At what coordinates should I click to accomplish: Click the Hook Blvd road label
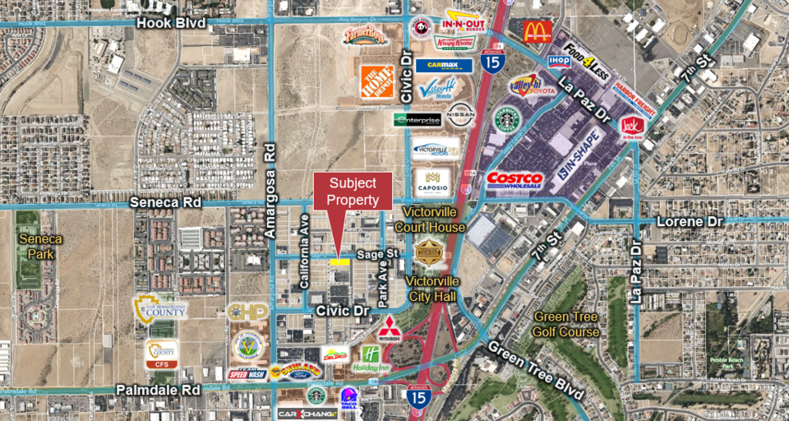[x=170, y=23]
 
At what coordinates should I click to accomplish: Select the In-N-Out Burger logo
[x=466, y=21]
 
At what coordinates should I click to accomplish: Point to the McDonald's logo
[x=536, y=32]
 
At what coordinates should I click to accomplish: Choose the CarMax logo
[x=443, y=65]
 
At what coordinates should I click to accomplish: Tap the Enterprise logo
[x=418, y=120]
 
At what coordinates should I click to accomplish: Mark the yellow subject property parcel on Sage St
[x=339, y=261]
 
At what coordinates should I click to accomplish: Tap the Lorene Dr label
[x=690, y=222]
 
